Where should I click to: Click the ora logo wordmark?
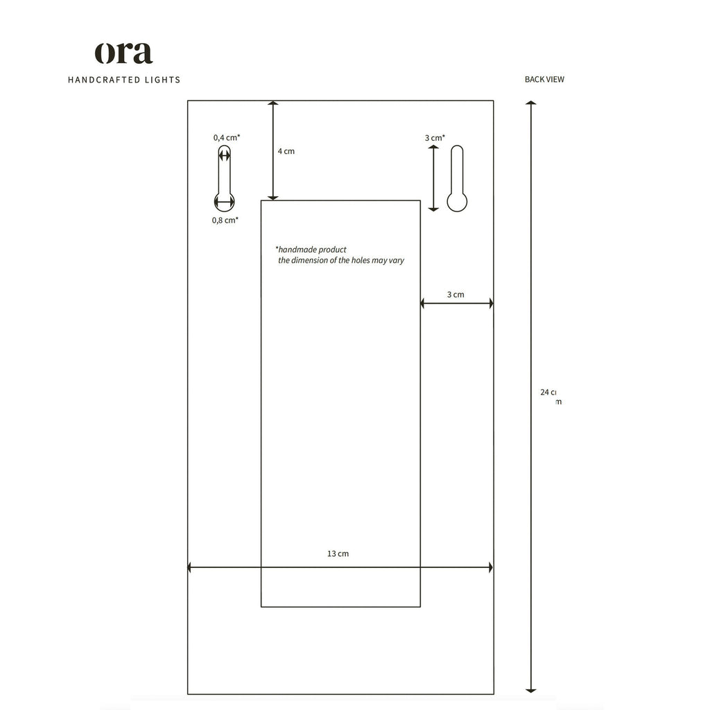point(123,53)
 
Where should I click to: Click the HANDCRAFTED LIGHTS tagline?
point(124,80)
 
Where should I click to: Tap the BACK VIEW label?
point(544,79)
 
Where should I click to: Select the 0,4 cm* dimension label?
point(227,138)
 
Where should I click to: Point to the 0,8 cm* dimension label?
point(225,220)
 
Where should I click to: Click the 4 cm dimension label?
point(286,151)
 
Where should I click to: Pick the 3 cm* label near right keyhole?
point(435,138)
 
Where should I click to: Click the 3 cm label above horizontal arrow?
point(456,295)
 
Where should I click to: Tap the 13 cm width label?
point(338,553)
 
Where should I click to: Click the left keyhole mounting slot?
point(224,179)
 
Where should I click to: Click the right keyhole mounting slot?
point(457,179)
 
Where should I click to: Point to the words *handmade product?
point(311,249)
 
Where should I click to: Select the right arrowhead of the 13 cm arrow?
point(490,567)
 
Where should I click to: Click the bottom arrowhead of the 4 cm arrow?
point(273,197)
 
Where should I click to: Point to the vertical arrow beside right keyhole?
point(433,178)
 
